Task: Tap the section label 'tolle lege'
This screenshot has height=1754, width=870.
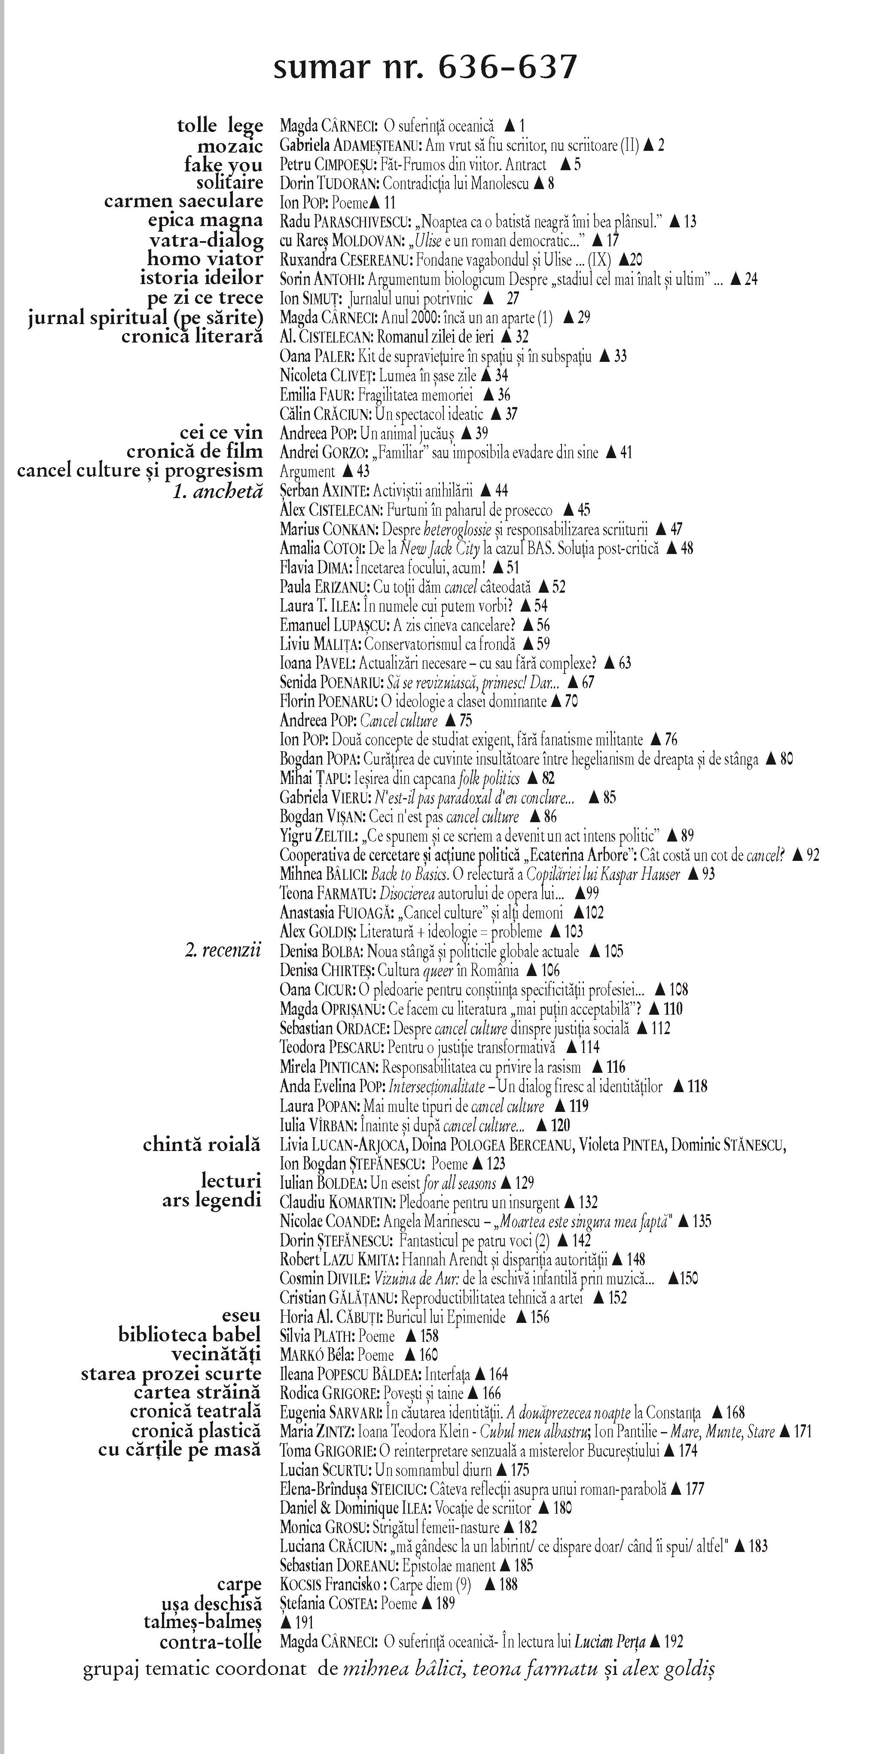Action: point(219,126)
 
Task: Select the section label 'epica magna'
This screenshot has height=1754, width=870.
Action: point(205,220)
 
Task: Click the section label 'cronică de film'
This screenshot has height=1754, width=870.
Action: point(194,451)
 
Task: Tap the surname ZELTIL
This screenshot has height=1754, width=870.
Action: point(333,836)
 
